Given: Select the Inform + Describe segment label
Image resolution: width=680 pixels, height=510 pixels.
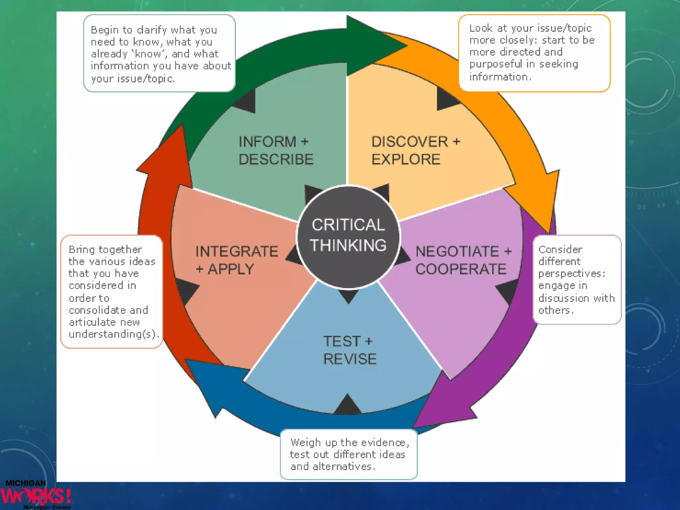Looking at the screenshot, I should tap(276, 150).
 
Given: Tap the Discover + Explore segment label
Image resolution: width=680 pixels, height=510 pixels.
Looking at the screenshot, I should tap(415, 150).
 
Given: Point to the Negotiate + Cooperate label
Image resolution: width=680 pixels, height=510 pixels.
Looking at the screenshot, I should tap(463, 260).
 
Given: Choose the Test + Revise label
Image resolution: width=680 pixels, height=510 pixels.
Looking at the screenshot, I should tap(349, 350).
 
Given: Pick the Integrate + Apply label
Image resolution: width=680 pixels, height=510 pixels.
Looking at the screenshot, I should tap(236, 260).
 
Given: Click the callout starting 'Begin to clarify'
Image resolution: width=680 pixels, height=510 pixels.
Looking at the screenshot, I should tap(159, 53).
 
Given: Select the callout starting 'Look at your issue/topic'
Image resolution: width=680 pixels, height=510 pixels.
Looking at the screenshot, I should tap(534, 53).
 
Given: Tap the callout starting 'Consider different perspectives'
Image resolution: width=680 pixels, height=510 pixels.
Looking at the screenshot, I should tap(577, 279).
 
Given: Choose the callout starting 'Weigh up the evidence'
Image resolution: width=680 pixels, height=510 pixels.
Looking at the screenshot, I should tap(349, 454).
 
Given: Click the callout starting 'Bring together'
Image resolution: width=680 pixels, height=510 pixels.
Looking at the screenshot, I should tap(112, 292).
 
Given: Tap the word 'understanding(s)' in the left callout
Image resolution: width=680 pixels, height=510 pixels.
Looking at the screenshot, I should tap(113, 334).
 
